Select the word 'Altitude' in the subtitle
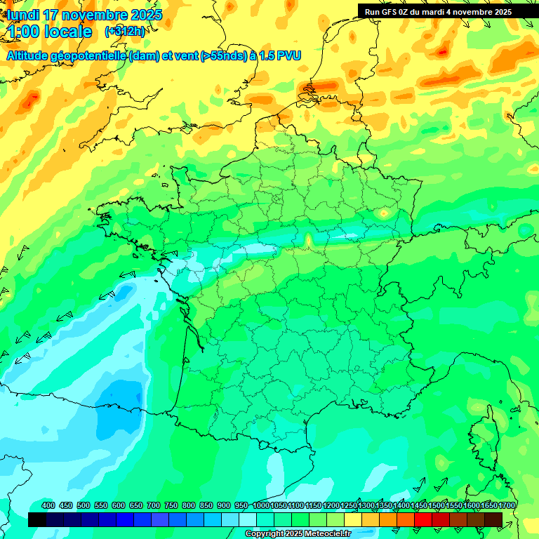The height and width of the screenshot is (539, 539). click(x=33, y=55)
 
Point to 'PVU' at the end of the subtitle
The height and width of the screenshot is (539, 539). click(x=288, y=55)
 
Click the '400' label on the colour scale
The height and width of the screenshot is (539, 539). click(x=48, y=505)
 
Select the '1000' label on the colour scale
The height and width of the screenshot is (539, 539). click(x=260, y=505)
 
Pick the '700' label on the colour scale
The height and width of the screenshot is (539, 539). click(x=154, y=505)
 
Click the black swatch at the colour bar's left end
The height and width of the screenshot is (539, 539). click(x=37, y=519)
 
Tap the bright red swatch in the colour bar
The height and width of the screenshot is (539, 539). click(x=423, y=519)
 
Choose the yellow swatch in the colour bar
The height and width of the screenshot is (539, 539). click(x=353, y=519)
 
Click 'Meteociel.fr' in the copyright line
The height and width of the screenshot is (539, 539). click(x=326, y=534)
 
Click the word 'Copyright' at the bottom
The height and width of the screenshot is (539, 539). click(x=265, y=534)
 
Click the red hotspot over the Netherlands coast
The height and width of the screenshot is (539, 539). click(x=310, y=89)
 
